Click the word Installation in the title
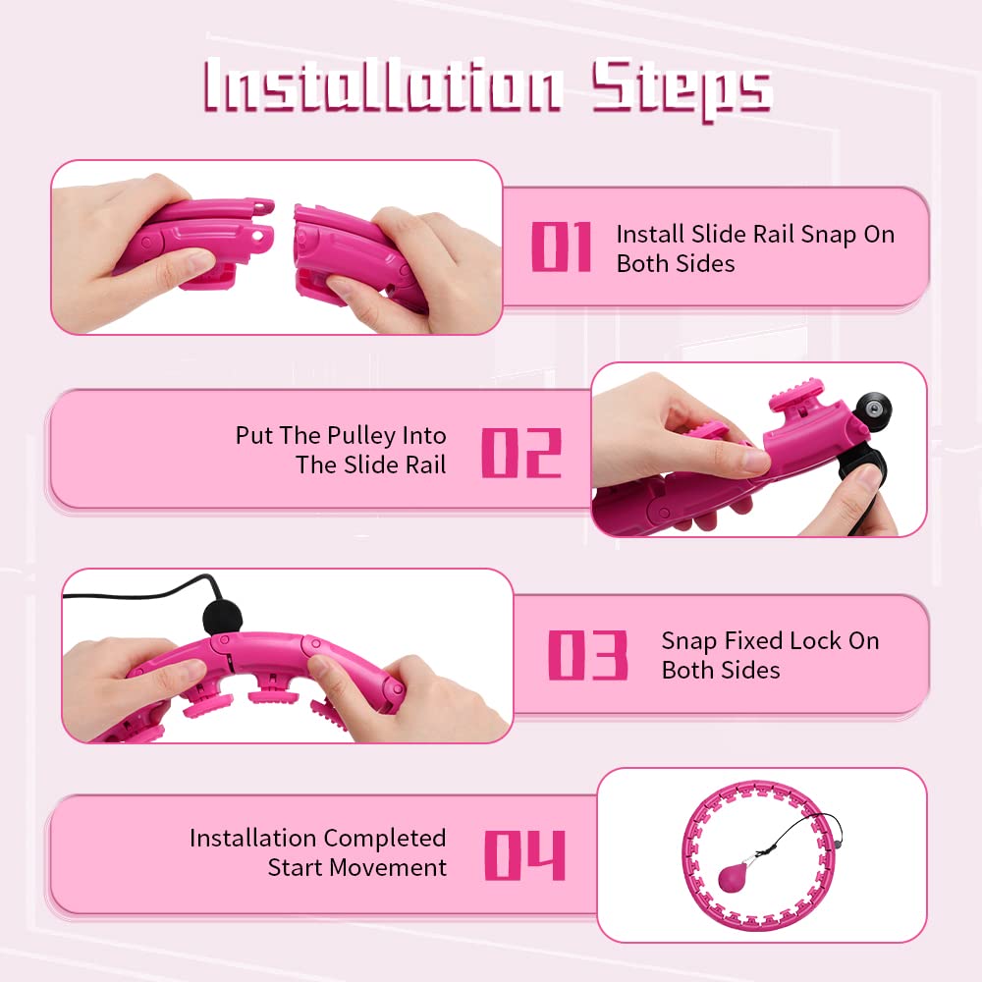pyautogui.click(x=383, y=84)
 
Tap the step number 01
pyautogui.click(x=561, y=246)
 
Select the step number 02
pyautogui.click(x=521, y=453)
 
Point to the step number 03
pyautogui.click(x=587, y=655)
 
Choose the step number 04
pyautogui.click(x=524, y=855)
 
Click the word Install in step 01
pyautogui.click(x=650, y=235)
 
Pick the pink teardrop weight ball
pyautogui.click(x=734, y=877)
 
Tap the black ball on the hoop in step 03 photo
pyautogui.click(x=222, y=617)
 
